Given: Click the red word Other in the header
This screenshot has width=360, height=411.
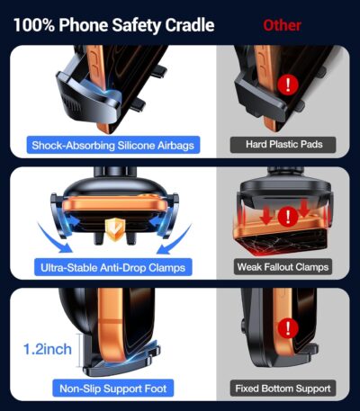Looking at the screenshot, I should click(282, 24).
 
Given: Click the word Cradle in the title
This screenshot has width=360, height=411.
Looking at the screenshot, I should click(185, 24).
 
